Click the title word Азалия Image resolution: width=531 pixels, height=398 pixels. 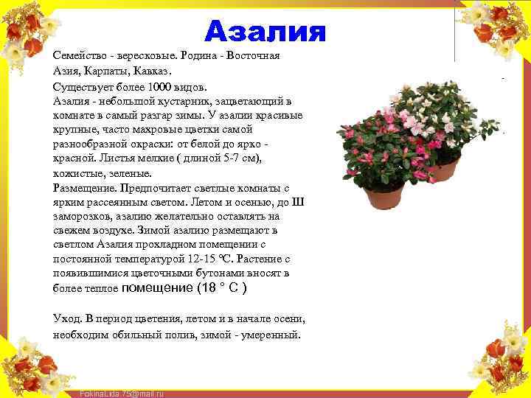click(265, 31)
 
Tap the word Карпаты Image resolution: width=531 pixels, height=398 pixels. click(112, 71)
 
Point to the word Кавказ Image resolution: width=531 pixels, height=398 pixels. click(154, 71)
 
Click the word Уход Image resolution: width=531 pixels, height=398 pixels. click(67, 318)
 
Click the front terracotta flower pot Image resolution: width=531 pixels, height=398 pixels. click(383, 195)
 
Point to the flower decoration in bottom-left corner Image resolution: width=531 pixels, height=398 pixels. click(29, 365)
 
